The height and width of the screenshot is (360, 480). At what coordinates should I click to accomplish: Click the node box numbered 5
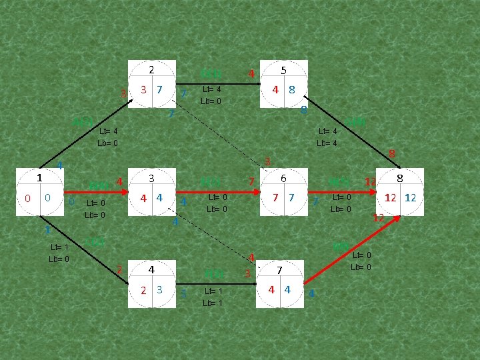[x=284, y=84]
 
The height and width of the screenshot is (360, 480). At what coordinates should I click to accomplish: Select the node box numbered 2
[x=151, y=84]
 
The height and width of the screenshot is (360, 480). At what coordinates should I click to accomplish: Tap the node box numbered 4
[x=152, y=284]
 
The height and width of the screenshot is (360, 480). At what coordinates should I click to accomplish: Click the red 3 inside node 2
[x=143, y=90]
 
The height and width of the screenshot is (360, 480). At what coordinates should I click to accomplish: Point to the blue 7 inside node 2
[x=159, y=90]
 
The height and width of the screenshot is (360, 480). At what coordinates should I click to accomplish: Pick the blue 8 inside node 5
[x=292, y=90]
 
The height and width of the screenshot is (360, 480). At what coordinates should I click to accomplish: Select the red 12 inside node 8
[x=391, y=197]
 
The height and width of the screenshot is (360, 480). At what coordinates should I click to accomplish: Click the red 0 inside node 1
[x=27, y=198]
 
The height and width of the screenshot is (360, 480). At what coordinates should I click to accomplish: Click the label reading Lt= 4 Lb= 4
[x=328, y=137]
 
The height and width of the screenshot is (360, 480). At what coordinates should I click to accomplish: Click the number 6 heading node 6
[x=283, y=179]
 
